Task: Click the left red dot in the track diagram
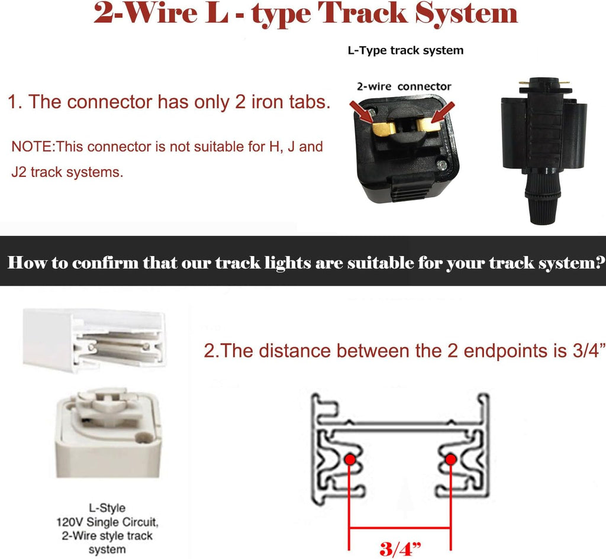350,460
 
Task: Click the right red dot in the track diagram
450,460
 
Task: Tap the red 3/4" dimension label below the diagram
400,548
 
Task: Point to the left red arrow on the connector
362,112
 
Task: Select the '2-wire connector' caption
404,86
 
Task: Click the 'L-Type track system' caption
405,51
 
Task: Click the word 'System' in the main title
466,14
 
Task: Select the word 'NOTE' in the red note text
33,147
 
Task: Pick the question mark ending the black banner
601,262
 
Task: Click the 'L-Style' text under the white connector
107,508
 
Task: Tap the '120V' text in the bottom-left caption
70,522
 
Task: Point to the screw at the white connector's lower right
144,438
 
